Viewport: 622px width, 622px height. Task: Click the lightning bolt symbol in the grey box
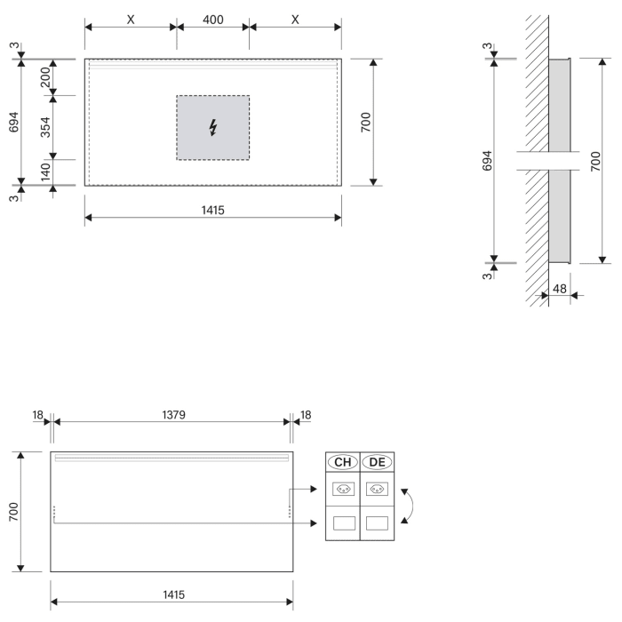212,129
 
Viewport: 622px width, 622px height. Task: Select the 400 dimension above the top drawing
212,19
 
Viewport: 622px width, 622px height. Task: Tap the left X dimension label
131,19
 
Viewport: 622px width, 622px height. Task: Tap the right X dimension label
295,19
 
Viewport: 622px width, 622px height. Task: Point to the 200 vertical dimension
44,77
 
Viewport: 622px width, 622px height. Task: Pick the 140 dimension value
44,171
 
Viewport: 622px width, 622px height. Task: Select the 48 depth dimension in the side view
560,289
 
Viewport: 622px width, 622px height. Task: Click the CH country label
342,462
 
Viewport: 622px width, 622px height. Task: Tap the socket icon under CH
342,488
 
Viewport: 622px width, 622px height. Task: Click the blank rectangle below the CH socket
342,523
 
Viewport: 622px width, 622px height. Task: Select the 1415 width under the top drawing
212,210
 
